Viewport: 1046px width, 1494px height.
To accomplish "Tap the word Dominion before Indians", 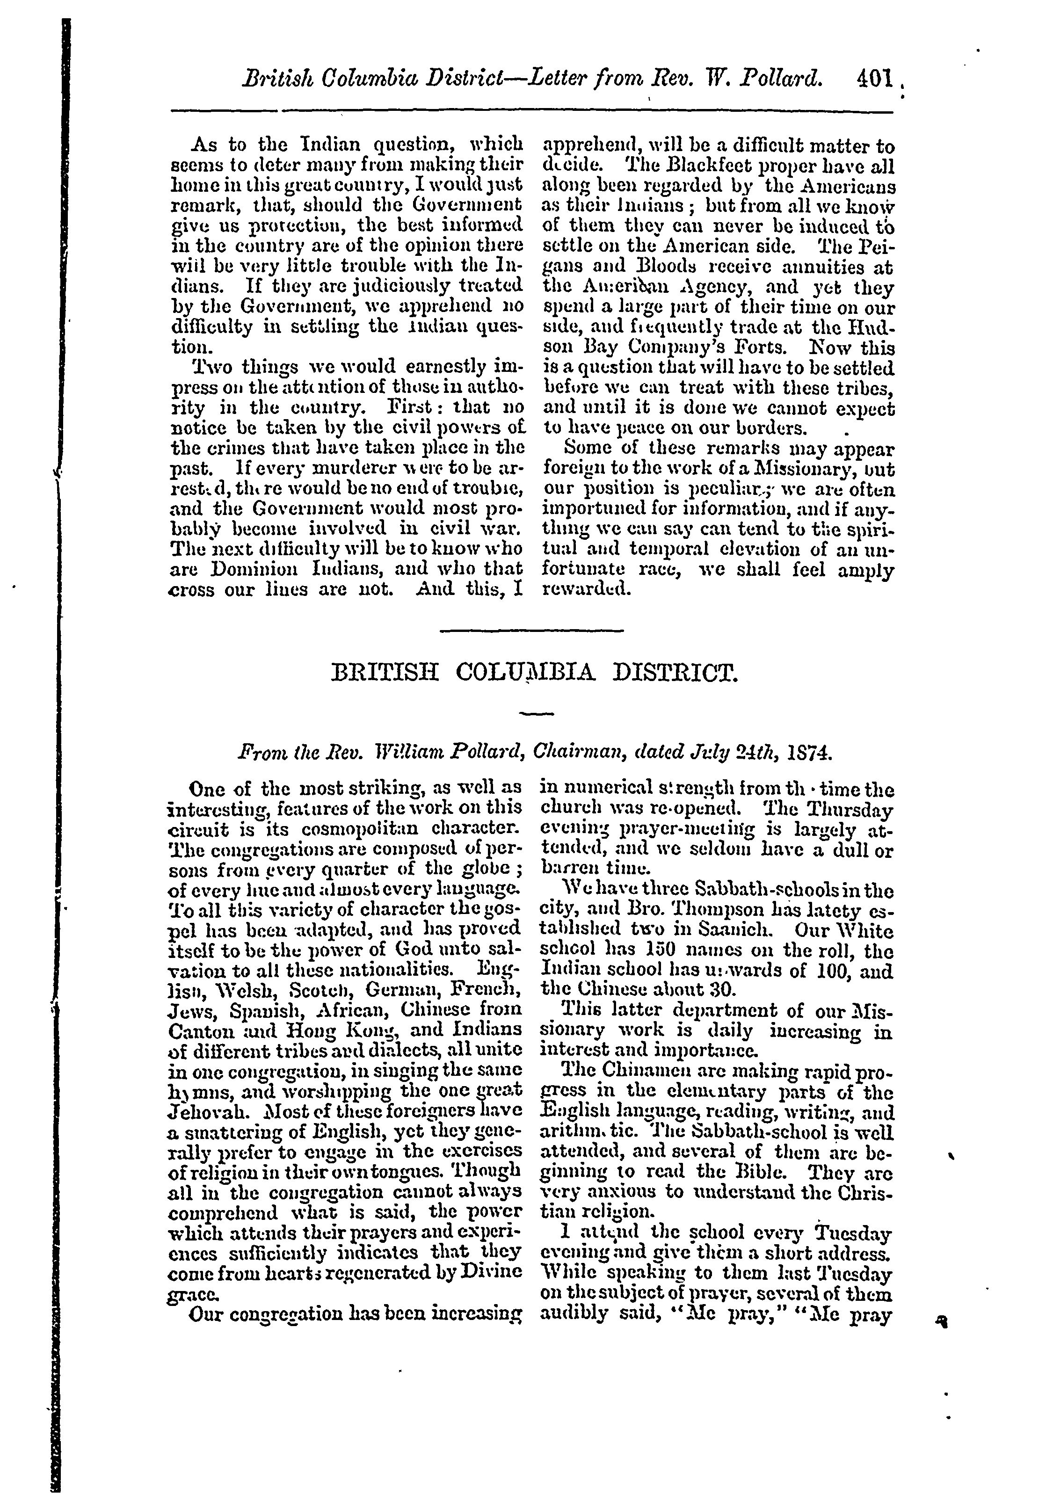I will coord(249,569).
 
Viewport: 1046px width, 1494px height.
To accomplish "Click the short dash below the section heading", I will coord(537,714).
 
